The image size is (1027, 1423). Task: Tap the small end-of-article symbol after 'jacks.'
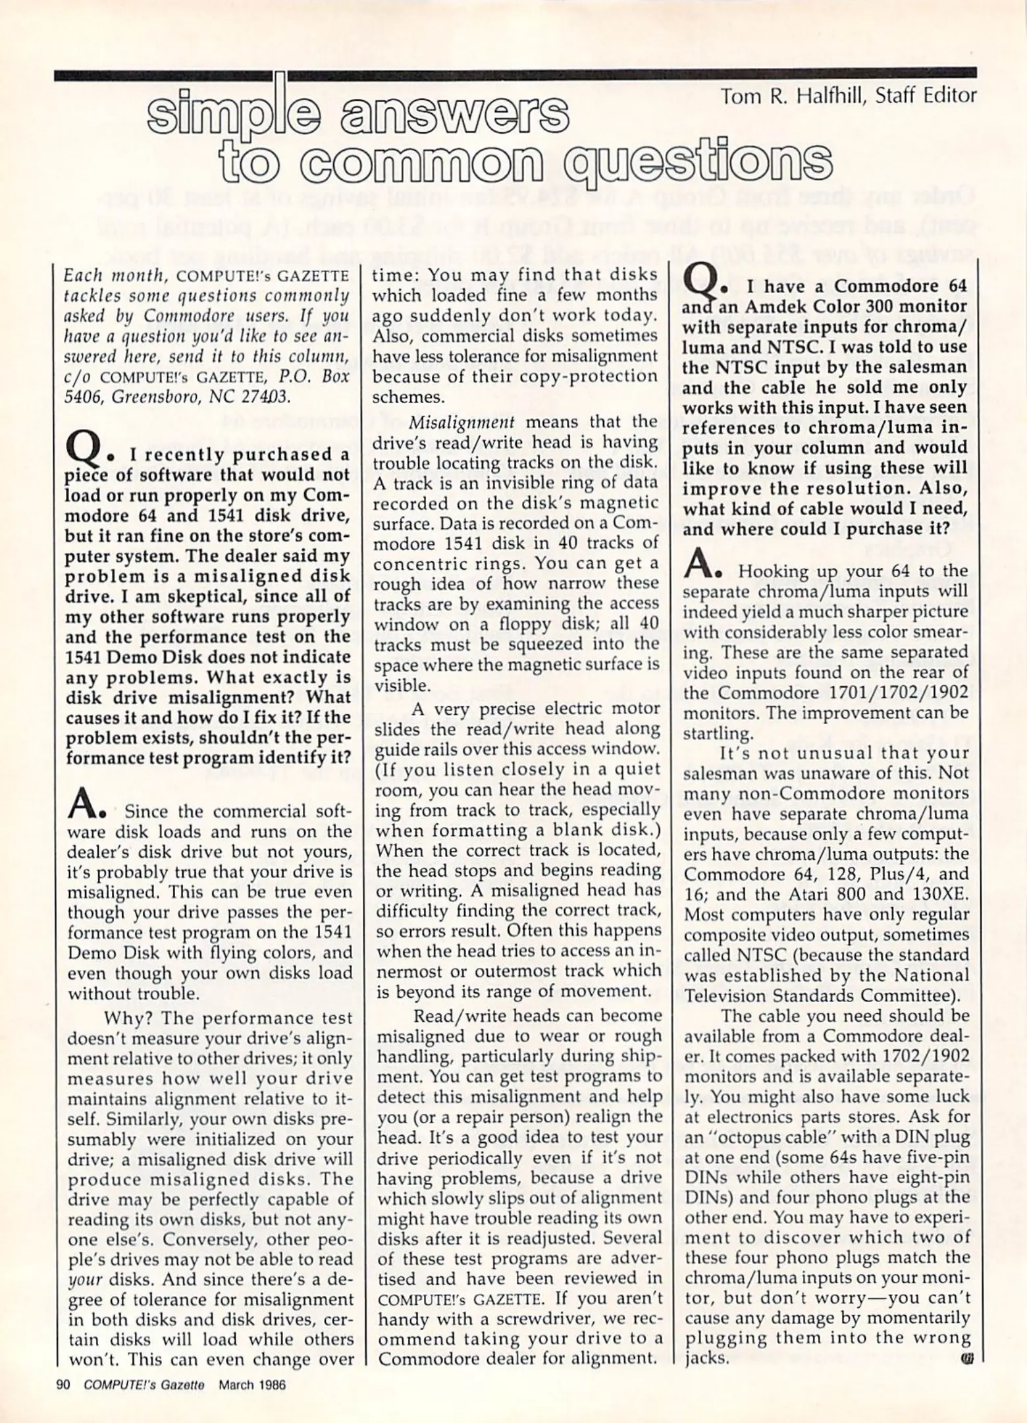[966, 1359]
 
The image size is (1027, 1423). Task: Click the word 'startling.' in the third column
[716, 733]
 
